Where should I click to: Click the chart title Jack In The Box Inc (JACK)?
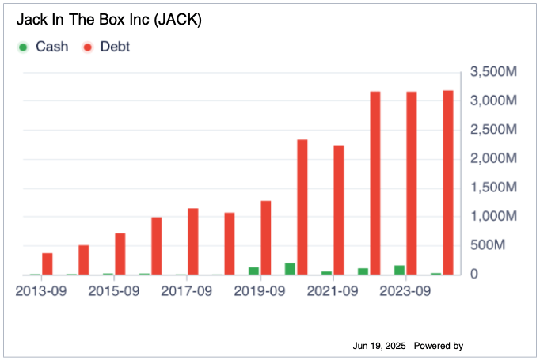(108, 20)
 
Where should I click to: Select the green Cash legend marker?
(23, 47)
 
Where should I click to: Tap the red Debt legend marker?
(88, 47)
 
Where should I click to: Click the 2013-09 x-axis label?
(41, 291)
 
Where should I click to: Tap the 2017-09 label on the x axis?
(187, 291)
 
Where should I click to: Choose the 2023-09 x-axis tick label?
(405, 291)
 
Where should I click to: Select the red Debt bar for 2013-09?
(48, 263)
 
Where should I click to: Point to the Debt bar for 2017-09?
(193, 241)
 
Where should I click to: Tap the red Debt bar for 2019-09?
(266, 237)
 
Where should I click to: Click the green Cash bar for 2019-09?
(253, 271)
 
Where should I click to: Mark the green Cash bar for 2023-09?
(399, 270)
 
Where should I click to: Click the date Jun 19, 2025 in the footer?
(379, 346)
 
